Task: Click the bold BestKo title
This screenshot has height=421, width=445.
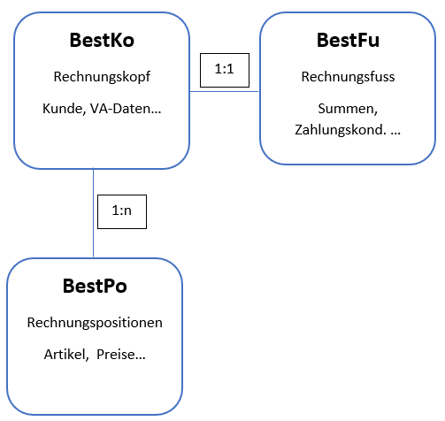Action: [102, 40]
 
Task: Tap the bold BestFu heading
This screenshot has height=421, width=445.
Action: [348, 40]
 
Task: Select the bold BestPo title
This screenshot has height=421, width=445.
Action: [95, 286]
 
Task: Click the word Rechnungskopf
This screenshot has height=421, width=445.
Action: [102, 77]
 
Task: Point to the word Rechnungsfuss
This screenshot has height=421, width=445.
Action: [348, 77]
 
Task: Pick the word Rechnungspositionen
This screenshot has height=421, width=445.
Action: [95, 323]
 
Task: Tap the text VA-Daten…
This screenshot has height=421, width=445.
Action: [126, 109]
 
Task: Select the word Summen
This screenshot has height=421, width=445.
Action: [346, 109]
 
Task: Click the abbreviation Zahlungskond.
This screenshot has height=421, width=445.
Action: [341, 130]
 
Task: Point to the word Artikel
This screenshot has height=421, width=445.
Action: [65, 355]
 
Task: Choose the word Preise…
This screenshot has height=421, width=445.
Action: [121, 355]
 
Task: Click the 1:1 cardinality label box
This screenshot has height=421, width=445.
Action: [225, 70]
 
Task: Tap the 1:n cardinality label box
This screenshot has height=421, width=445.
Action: [122, 211]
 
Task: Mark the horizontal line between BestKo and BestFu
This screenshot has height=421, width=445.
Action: [225, 91]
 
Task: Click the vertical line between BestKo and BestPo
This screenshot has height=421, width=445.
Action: [93, 213]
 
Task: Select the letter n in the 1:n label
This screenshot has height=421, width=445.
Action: [127, 211]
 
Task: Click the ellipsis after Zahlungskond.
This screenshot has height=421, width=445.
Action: [395, 134]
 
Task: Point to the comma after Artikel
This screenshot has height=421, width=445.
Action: [87, 358]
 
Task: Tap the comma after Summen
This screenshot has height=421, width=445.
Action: [375, 112]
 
